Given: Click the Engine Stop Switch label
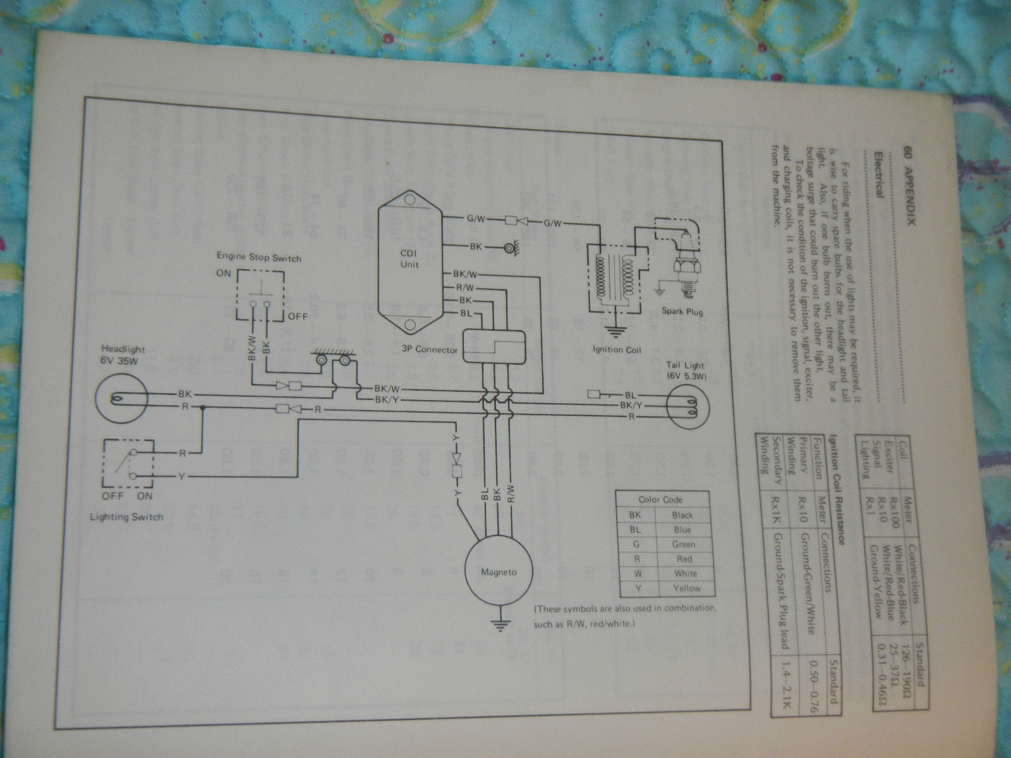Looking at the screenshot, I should (x=258, y=258).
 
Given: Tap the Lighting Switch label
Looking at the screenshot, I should (x=127, y=516).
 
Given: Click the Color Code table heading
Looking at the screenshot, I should (x=660, y=499).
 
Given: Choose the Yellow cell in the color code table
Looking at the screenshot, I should (x=686, y=588).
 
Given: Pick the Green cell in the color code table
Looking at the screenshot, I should (x=684, y=544).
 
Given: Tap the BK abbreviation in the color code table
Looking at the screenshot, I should (x=636, y=515).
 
